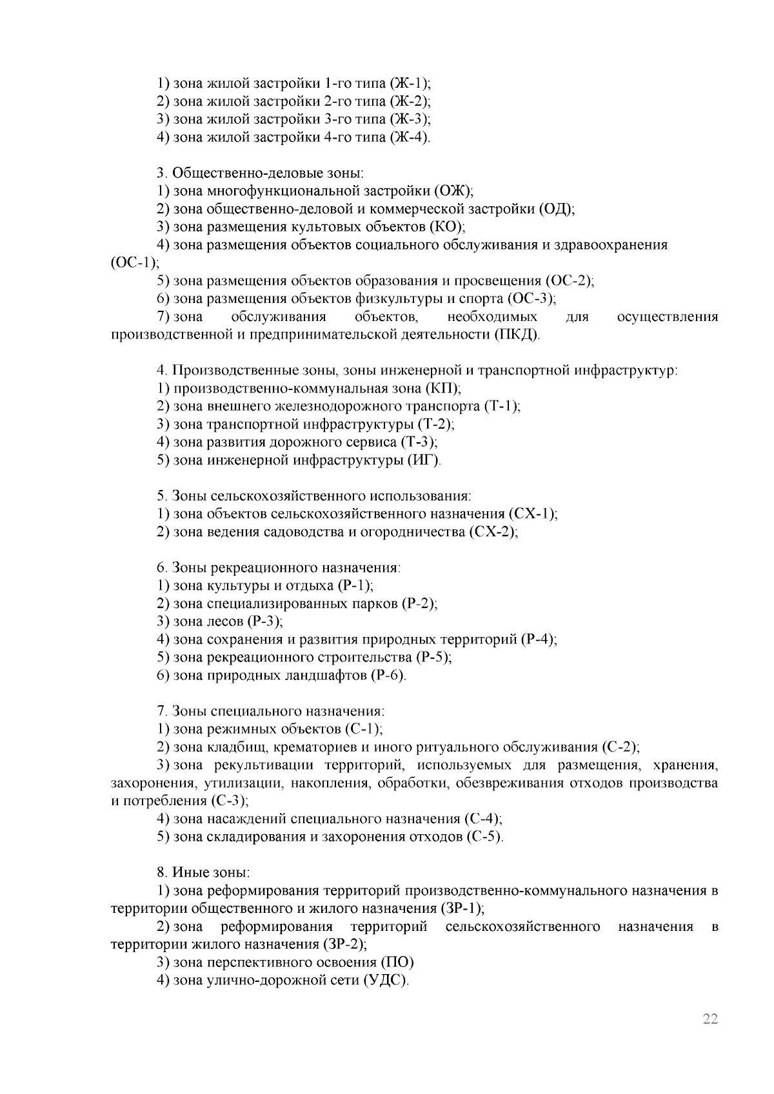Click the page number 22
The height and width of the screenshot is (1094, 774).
click(x=710, y=1019)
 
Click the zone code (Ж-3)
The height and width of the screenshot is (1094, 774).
click(x=410, y=119)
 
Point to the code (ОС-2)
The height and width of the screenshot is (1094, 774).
click(x=569, y=281)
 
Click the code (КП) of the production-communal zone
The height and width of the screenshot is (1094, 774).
click(x=442, y=389)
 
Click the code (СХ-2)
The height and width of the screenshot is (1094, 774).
click(x=493, y=532)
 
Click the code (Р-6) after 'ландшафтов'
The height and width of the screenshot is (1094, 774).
click(x=387, y=676)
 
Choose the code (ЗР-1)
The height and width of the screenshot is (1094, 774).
click(x=462, y=909)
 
